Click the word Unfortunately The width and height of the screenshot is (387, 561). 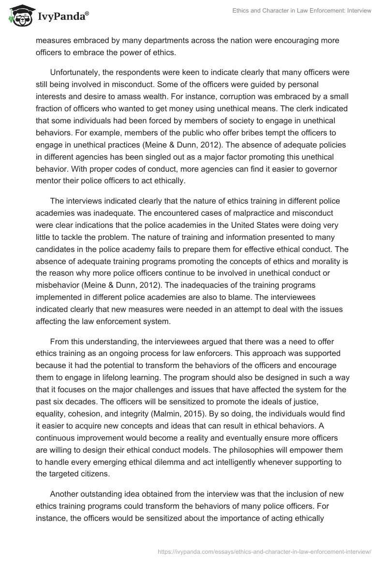[x=75, y=73]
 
